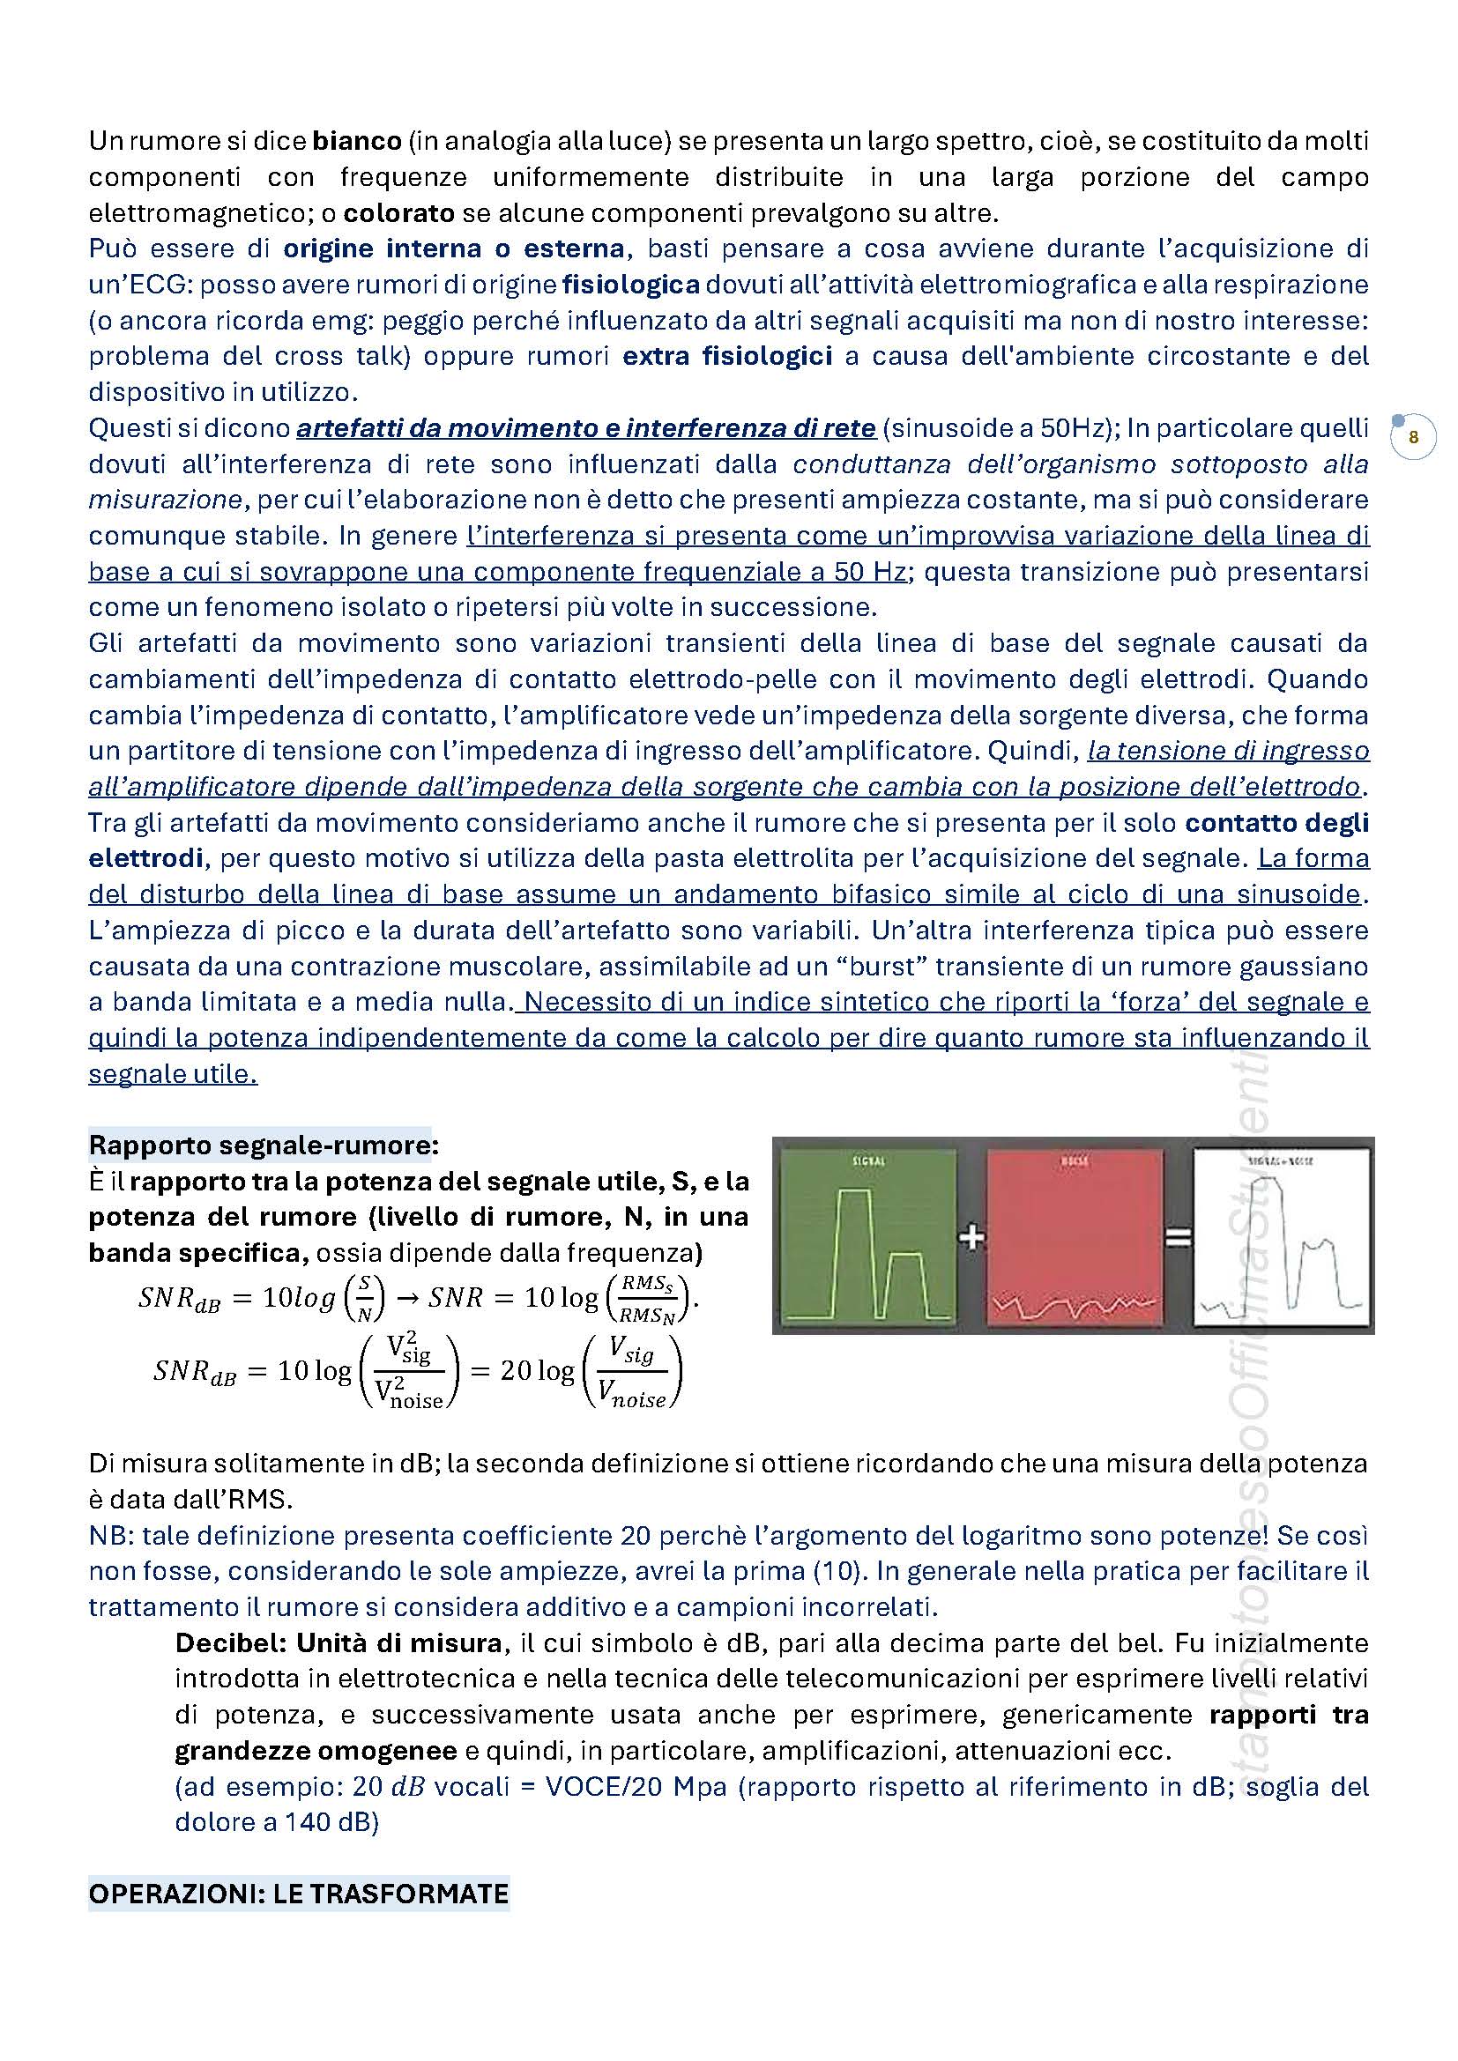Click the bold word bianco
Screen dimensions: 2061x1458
tap(356, 141)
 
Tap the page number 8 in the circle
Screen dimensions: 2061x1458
tap(1413, 438)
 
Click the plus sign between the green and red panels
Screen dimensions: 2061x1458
tap(971, 1238)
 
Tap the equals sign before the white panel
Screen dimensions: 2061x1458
tap(1178, 1238)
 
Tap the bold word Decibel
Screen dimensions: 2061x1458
tap(229, 1642)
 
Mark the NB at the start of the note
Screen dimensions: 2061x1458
tap(106, 1535)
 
